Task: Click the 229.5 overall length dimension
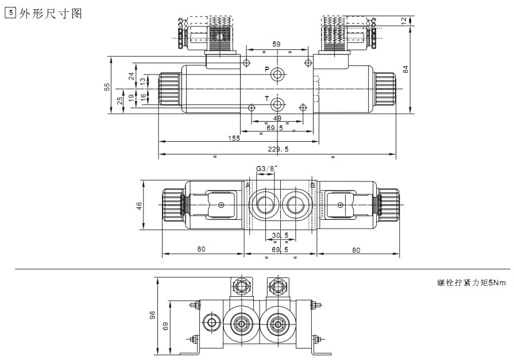(x=278, y=149)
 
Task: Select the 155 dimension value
(x=234, y=138)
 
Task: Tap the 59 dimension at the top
(x=276, y=44)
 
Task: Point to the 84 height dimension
(x=405, y=69)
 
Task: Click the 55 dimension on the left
(x=106, y=86)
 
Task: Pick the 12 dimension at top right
(x=404, y=21)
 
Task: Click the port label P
(x=266, y=70)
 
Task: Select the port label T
(x=266, y=99)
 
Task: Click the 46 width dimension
(x=139, y=206)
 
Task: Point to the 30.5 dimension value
(x=280, y=235)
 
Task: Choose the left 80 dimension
(x=202, y=249)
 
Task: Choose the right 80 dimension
(x=356, y=249)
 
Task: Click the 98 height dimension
(x=153, y=315)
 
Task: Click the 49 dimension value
(x=277, y=118)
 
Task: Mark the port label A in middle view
(x=248, y=185)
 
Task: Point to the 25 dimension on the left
(x=119, y=100)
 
